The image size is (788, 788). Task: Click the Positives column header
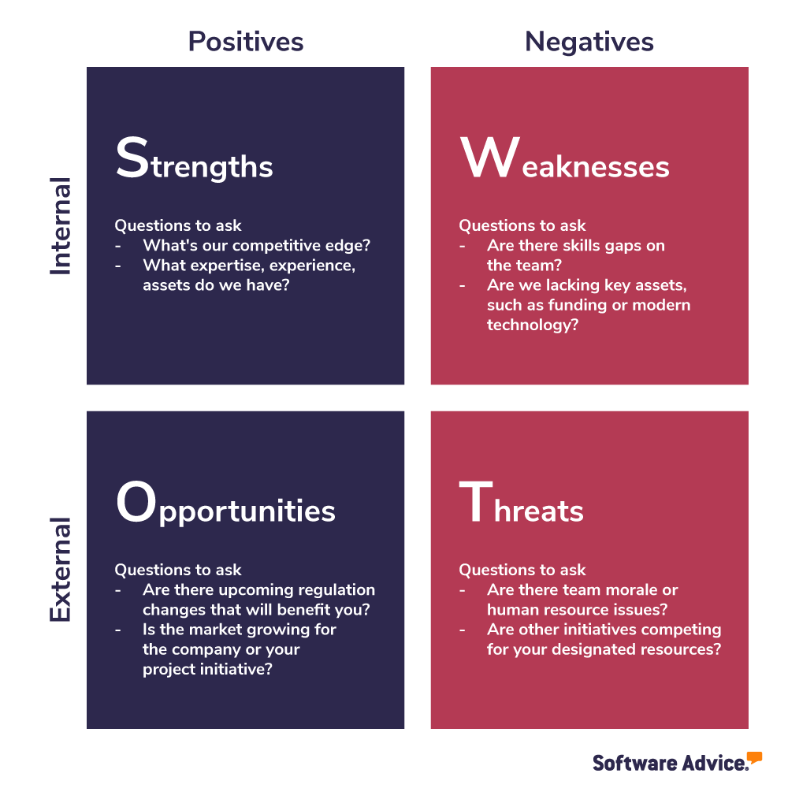point(245,42)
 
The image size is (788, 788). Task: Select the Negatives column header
point(589,42)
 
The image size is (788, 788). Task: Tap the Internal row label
point(61,226)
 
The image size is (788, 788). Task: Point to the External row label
point(61,569)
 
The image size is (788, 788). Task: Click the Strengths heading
point(194,162)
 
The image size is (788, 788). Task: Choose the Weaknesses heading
point(564,162)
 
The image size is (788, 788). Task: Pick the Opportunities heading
point(225,507)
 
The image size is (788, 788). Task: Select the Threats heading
point(521,507)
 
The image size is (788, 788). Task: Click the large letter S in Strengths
point(132,158)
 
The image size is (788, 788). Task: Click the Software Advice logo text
point(669,763)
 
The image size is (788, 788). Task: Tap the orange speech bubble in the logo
point(754,757)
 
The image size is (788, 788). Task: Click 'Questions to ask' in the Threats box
point(522,570)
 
